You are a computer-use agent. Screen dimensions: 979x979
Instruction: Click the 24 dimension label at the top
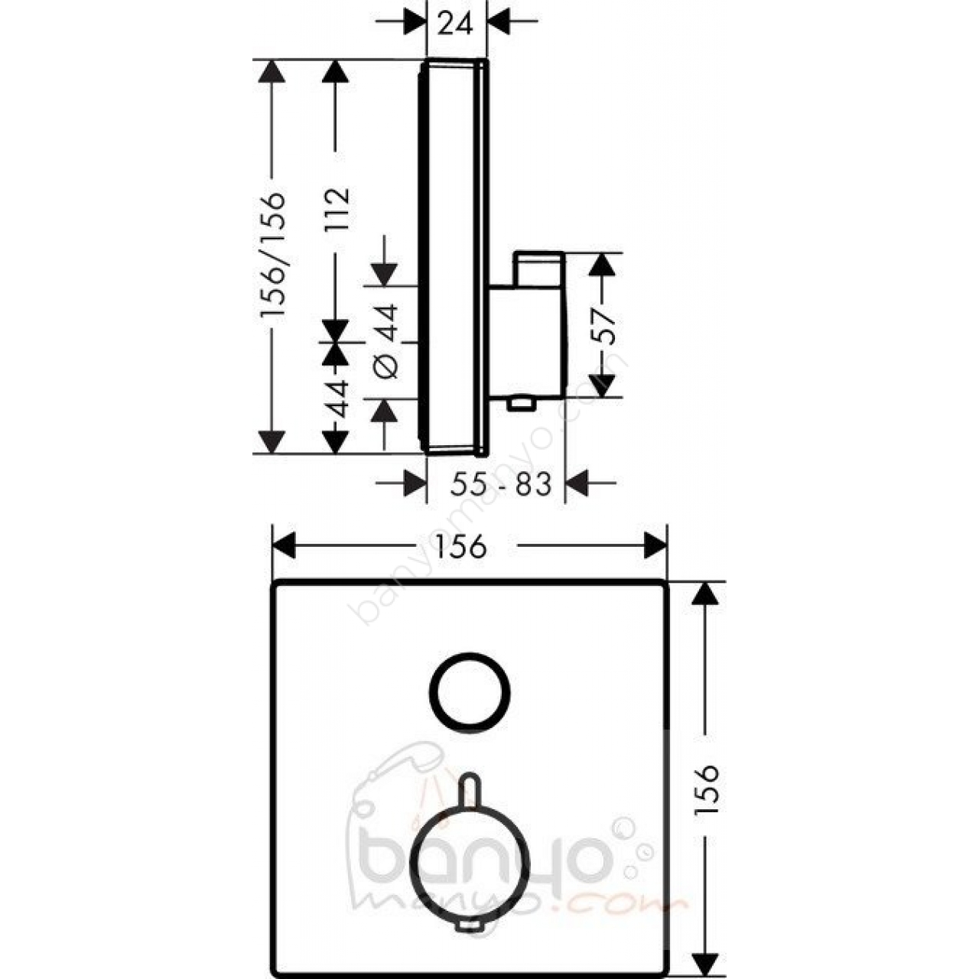[456, 24]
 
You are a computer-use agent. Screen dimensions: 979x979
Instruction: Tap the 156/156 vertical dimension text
[272, 255]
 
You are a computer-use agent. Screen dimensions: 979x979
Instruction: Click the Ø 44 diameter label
[386, 341]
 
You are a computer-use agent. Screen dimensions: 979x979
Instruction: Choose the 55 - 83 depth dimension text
[500, 484]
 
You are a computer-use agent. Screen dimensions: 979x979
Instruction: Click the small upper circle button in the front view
[470, 692]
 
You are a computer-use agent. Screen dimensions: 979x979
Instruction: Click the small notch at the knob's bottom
[470, 925]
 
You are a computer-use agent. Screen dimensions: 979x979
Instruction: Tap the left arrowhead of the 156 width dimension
[284, 546]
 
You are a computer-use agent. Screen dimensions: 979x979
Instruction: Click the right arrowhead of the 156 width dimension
[655, 546]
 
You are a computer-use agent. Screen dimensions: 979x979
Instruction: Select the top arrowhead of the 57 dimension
[603, 265]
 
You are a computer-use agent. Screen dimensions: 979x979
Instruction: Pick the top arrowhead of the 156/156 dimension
[272, 71]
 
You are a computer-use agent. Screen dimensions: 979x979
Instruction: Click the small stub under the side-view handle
[520, 405]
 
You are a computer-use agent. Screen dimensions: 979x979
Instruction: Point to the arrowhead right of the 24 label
[499, 22]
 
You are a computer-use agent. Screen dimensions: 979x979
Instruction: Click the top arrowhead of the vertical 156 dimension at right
[706, 593]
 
